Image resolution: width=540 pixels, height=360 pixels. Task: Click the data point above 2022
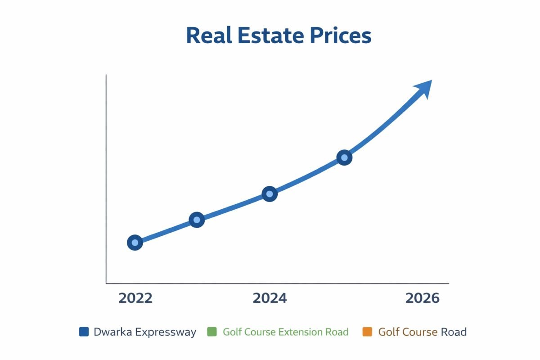(x=135, y=243)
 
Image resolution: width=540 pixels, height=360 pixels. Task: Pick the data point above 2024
(x=269, y=194)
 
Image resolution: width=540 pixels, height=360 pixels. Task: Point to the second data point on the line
(x=197, y=220)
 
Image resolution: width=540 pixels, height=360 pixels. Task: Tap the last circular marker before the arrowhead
(x=344, y=157)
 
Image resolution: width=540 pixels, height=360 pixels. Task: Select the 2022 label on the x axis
(x=135, y=298)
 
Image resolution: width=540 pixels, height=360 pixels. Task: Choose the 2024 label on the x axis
(x=270, y=298)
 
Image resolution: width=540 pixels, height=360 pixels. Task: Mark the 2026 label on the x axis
(x=422, y=298)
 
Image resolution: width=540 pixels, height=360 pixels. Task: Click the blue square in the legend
(x=84, y=332)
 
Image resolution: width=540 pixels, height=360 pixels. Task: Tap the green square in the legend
(x=211, y=332)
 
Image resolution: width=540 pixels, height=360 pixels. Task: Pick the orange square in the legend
(x=367, y=332)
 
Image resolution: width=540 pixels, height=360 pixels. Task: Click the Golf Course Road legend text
(x=422, y=332)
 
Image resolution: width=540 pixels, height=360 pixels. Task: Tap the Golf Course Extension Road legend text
(x=285, y=332)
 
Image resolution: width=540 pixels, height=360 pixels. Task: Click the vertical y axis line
(x=106, y=180)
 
